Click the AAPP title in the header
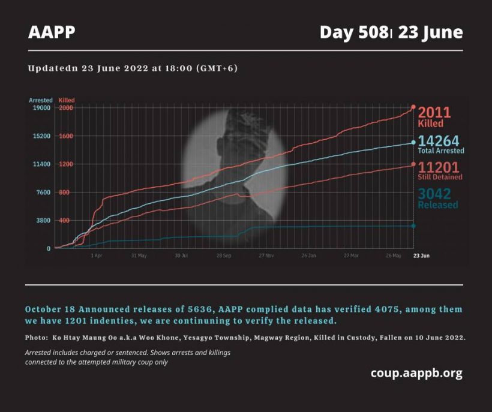coord(52,32)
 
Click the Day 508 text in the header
coord(353,32)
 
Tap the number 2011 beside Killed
coord(434,112)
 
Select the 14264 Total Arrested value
coord(438,141)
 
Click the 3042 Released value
coord(434,194)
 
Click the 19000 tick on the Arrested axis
coord(41,108)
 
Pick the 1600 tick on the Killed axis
coord(66,136)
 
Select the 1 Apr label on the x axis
coord(96,255)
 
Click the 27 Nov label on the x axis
coord(266,255)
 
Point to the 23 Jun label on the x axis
coord(421,255)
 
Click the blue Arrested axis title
coord(41,100)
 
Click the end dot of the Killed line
coord(413,107)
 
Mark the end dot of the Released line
coord(413,225)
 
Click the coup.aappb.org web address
coord(416,373)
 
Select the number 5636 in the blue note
coord(180,309)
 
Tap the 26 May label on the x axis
coord(394,255)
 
